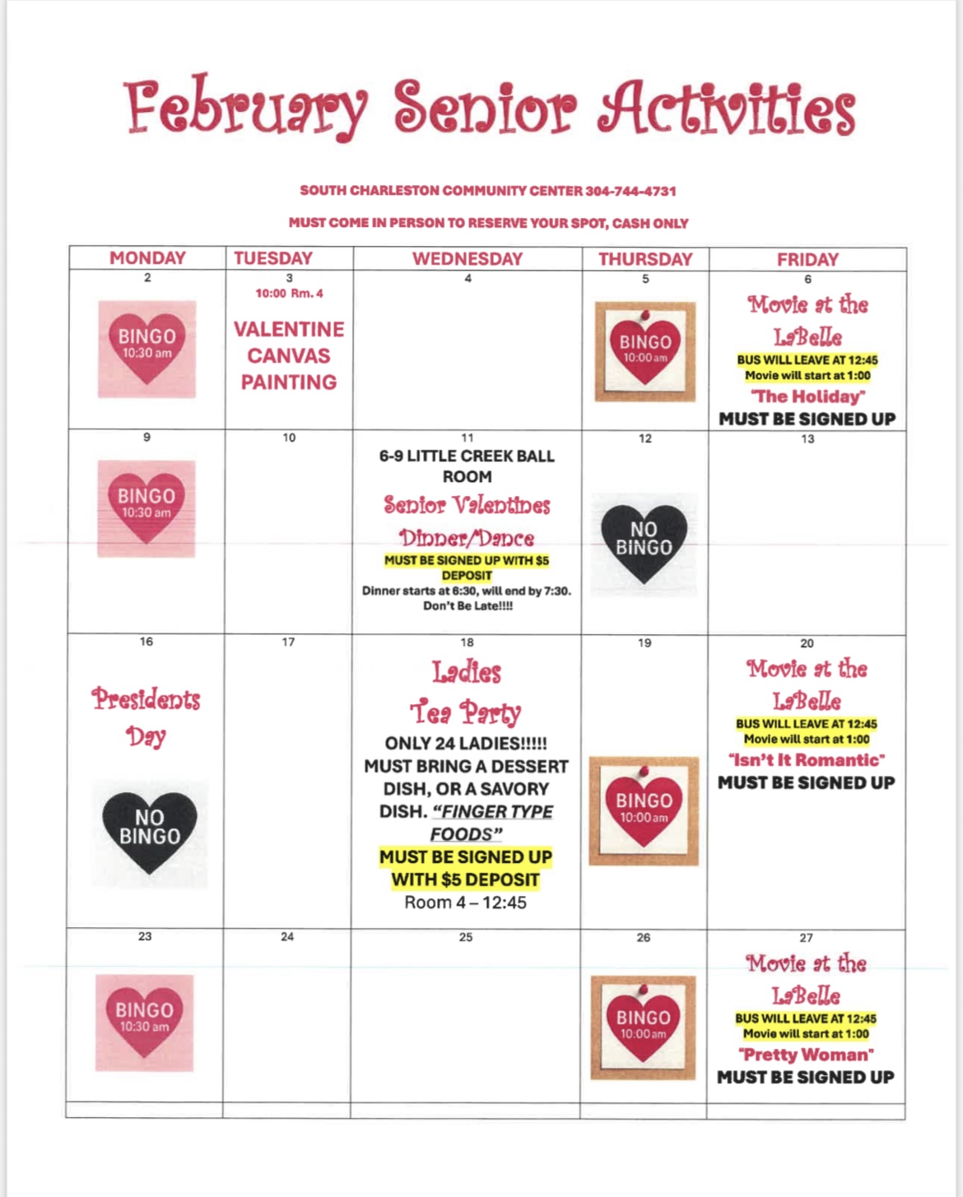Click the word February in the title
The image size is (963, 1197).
click(x=245, y=108)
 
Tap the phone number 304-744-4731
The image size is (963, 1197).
click(x=630, y=191)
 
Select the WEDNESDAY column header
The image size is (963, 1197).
click(x=467, y=258)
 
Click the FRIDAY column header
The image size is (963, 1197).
click(x=807, y=259)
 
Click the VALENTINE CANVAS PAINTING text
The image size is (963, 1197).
click(x=289, y=355)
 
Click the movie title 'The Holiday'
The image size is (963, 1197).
click(x=807, y=397)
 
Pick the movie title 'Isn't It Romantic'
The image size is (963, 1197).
click(x=807, y=760)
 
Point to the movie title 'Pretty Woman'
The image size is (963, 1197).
click(x=806, y=1055)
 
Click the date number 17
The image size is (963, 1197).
click(x=288, y=642)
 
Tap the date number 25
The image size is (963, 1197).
click(x=466, y=937)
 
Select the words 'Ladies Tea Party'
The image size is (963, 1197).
click(x=467, y=692)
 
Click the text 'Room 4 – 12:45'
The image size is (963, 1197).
click(x=466, y=902)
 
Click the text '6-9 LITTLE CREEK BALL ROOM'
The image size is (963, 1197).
click(x=467, y=466)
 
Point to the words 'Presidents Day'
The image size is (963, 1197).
click(x=146, y=717)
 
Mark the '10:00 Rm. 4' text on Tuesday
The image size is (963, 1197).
click(x=289, y=294)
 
